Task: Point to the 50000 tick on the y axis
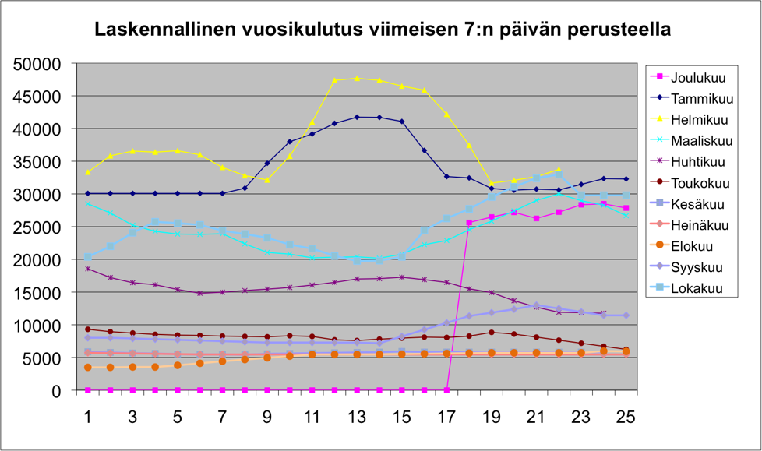point(37,64)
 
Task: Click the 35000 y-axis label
point(37,162)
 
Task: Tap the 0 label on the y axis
point(56,391)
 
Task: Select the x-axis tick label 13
point(357,417)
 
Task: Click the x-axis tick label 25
point(626,417)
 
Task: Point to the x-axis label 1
point(88,417)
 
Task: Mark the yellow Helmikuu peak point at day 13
point(357,78)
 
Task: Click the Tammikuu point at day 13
point(357,117)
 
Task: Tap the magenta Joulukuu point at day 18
point(469,223)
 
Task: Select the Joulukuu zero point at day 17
point(446,390)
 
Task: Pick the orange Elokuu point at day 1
point(88,368)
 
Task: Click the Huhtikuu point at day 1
point(88,269)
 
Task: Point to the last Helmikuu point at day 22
point(559,170)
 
